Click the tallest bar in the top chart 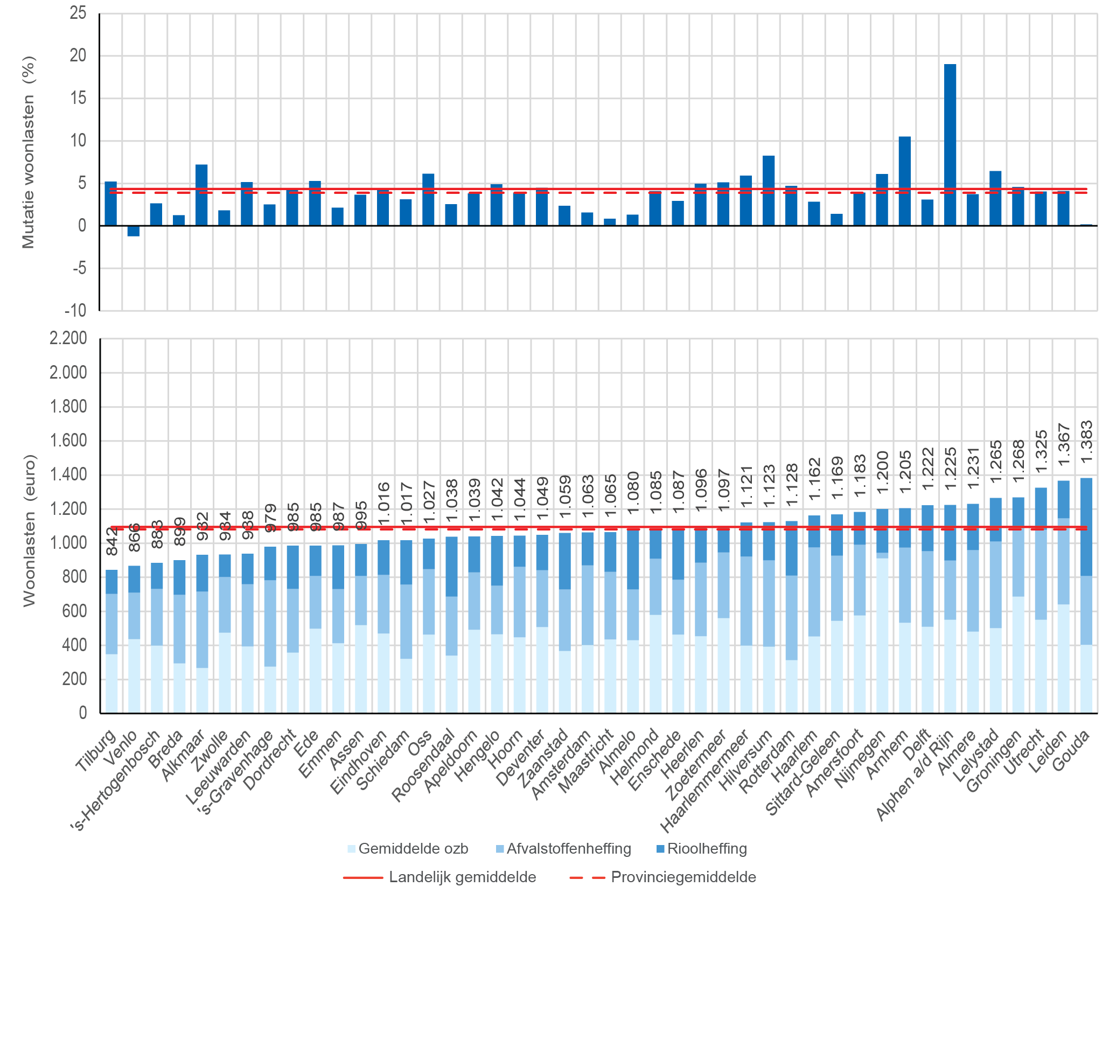pyautogui.click(x=950, y=144)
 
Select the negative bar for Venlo pyautogui.click(x=134, y=231)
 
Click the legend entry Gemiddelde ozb pyautogui.click(x=408, y=848)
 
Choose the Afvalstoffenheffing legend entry pyautogui.click(x=563, y=848)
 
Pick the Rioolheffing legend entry pyautogui.click(x=701, y=848)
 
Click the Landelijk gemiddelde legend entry pyautogui.click(x=440, y=877)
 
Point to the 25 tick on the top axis pyautogui.click(x=78, y=13)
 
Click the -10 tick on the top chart pyautogui.click(x=76, y=310)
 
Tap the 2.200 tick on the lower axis pyautogui.click(x=68, y=338)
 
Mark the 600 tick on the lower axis pyautogui.click(x=75, y=611)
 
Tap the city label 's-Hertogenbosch pyautogui.click(x=116, y=781)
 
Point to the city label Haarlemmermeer pyautogui.click(x=704, y=781)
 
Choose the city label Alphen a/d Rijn pyautogui.click(x=916, y=775)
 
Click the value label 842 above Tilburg pyautogui.click(x=112, y=541)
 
